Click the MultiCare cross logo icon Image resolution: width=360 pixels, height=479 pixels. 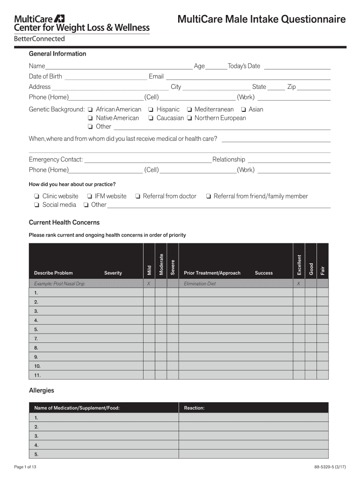[x=59, y=19]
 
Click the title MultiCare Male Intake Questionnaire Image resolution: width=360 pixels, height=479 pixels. [x=262, y=19]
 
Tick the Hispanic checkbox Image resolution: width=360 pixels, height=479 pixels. [x=151, y=109]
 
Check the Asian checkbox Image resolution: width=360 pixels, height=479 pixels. [x=243, y=109]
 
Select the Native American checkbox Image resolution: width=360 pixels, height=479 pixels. [x=90, y=118]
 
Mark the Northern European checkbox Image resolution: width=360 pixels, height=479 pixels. [x=189, y=118]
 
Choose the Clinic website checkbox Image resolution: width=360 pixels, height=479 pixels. [x=36, y=196]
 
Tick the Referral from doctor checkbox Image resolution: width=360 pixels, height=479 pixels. [x=138, y=196]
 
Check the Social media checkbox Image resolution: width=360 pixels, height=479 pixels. [x=36, y=205]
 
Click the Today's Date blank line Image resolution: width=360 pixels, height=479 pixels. [x=297, y=67]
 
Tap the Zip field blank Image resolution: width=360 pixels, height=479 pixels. [x=314, y=87]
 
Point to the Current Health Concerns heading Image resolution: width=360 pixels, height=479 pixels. [x=64, y=223]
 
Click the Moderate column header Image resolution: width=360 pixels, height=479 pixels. [x=161, y=264]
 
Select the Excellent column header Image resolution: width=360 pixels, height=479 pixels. [x=299, y=264]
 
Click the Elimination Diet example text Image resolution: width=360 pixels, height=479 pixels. [x=200, y=284]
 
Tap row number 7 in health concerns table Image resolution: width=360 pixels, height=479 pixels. [x=36, y=339]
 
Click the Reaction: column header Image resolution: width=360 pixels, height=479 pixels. [x=194, y=408]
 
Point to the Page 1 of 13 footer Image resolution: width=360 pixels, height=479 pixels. [x=25, y=467]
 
